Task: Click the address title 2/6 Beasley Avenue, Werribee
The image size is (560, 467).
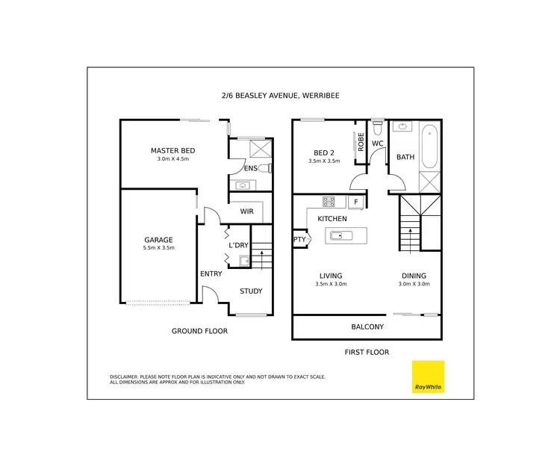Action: point(280,96)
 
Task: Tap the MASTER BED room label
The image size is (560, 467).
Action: point(172,151)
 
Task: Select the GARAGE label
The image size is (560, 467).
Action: point(158,241)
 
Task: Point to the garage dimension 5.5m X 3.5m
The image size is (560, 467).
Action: point(158,248)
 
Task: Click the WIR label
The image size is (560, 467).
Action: point(247,211)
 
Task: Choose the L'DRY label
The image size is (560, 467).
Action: point(238,245)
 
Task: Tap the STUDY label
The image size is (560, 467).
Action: point(251,291)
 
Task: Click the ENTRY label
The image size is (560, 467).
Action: point(211,273)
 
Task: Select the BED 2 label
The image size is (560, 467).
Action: point(324,152)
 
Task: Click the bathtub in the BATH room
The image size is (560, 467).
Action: point(429,147)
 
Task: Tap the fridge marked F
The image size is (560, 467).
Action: point(356,202)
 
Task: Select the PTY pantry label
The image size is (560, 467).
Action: point(299,240)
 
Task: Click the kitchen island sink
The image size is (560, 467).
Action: point(337,236)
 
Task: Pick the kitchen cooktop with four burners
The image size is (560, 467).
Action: point(329,202)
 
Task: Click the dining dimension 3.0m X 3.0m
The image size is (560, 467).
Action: point(414,284)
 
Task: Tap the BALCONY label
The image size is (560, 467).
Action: point(367,327)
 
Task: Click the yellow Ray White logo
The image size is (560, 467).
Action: point(428,377)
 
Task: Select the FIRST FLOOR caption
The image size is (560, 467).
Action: point(367,352)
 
